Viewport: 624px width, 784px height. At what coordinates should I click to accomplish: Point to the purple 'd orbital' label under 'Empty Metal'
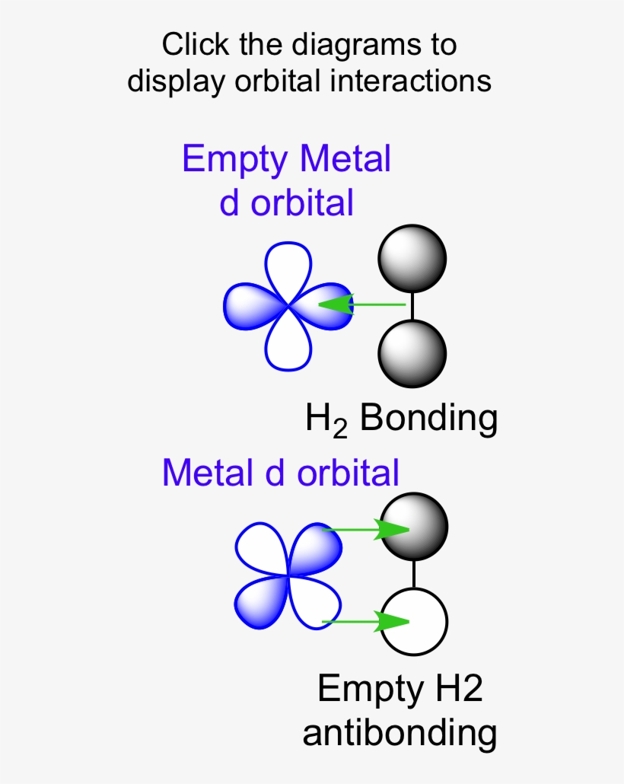coord(287,203)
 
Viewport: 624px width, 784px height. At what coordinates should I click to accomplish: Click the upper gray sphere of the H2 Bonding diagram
coord(412,258)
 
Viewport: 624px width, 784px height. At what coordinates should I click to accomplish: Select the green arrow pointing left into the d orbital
coord(361,305)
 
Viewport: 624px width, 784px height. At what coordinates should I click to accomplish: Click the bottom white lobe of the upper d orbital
coord(288,344)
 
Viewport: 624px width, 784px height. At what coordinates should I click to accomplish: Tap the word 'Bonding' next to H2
coord(428,418)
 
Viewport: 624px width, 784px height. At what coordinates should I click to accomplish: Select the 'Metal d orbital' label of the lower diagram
coord(281,473)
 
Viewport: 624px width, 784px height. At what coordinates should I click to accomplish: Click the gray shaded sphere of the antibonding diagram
coord(414,526)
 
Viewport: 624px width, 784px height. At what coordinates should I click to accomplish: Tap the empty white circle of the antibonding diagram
coord(414,622)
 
